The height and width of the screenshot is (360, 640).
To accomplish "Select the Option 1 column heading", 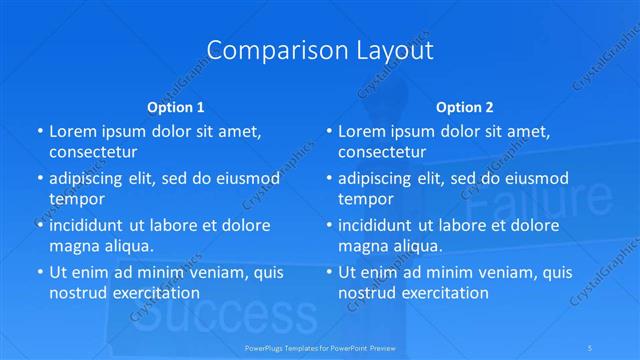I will pyautogui.click(x=176, y=107).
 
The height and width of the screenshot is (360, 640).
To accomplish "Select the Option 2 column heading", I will pyautogui.click(x=465, y=107).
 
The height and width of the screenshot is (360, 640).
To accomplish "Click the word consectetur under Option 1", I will pyautogui.click(x=93, y=152).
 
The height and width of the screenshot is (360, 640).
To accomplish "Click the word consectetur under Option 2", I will pyautogui.click(x=383, y=152).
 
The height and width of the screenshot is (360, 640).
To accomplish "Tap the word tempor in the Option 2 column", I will pyautogui.click(x=367, y=198).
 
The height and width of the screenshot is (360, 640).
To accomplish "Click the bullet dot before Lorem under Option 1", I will pyautogui.click(x=39, y=131).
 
